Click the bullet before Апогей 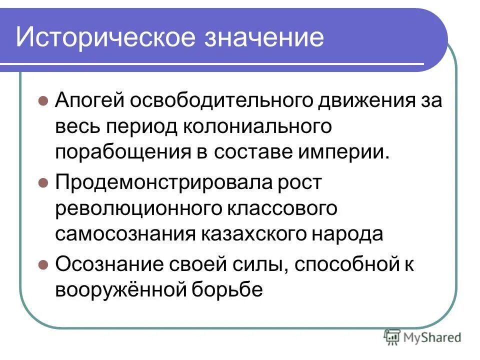[43, 100]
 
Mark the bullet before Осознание [43, 264]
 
